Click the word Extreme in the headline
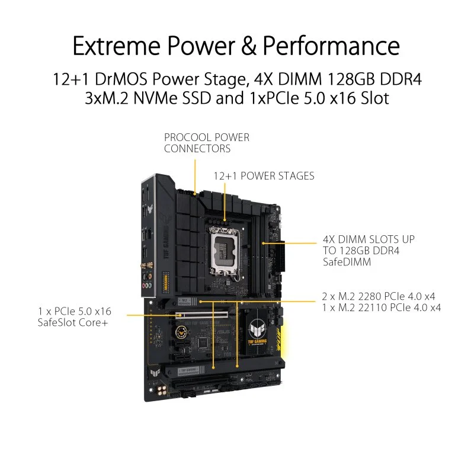pos(116,46)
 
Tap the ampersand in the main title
pos(249,46)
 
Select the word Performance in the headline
pos(331,46)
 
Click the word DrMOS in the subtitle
pos(121,79)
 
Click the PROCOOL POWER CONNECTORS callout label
pos(207,143)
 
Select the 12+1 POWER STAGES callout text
pos(264,176)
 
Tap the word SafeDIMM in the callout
pos(347,262)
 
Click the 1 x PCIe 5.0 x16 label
pos(75,312)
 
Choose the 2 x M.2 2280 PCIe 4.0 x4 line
pos(379,296)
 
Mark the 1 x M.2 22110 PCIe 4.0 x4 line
pos(382,308)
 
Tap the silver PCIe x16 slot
pos(202,315)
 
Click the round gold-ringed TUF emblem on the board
pos(181,332)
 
